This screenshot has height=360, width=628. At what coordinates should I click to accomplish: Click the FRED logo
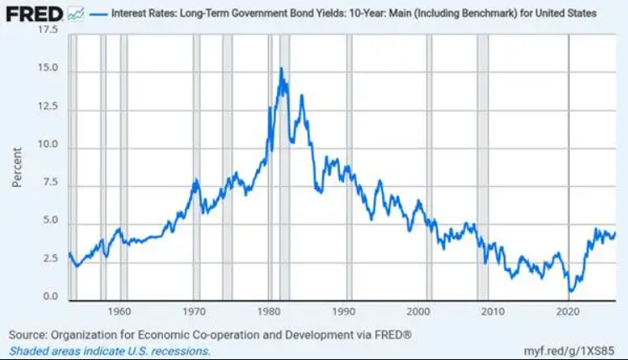(x=34, y=14)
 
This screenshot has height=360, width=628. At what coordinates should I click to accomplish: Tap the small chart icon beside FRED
(x=76, y=15)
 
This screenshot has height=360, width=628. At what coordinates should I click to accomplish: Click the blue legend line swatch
(x=98, y=14)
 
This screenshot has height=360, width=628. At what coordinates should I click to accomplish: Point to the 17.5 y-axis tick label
(x=48, y=29)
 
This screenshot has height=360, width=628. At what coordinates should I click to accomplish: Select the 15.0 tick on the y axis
(x=48, y=68)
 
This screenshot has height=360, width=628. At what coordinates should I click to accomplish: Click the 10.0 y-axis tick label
(x=48, y=143)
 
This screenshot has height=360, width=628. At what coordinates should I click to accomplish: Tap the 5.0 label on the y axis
(x=50, y=220)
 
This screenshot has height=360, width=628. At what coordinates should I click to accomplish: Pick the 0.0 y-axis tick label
(x=50, y=296)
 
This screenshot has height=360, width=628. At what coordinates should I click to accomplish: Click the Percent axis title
(x=17, y=167)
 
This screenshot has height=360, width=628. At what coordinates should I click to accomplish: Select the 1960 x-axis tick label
(x=119, y=311)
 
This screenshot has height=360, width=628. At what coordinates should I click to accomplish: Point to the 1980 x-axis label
(x=269, y=311)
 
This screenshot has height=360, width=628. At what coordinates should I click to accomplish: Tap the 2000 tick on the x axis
(x=418, y=311)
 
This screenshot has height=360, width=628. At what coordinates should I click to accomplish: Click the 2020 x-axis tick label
(x=568, y=311)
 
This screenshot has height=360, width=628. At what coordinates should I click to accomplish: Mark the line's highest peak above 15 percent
(x=281, y=69)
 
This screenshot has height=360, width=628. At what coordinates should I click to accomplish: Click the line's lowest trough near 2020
(x=570, y=291)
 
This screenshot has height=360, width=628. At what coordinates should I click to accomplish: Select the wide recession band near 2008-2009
(x=483, y=167)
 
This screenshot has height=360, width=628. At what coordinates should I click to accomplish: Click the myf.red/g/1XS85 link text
(x=568, y=351)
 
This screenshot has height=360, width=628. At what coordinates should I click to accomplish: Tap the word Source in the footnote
(x=27, y=335)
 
